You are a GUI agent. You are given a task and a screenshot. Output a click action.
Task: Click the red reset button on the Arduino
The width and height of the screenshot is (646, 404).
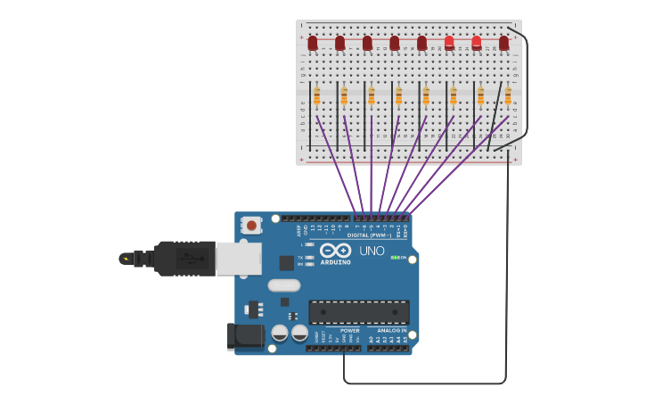coord(252,226)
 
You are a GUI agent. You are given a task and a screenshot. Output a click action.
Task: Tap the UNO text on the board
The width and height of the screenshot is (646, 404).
coord(372,251)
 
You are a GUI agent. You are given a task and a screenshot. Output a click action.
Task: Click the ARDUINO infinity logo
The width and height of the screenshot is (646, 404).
coord(336,253)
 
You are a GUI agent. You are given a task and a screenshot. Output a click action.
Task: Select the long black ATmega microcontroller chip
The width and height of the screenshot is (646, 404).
coord(359,312)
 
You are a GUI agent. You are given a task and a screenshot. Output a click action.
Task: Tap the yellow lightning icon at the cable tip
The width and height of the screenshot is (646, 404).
coord(125,260)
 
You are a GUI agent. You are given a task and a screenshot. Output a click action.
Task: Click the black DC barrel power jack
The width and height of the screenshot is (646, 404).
coord(245,335)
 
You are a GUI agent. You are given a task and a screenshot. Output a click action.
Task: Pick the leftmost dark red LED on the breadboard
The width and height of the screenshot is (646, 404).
coord(313,43)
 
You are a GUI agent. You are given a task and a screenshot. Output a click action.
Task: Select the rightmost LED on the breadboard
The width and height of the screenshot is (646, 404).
coord(503,43)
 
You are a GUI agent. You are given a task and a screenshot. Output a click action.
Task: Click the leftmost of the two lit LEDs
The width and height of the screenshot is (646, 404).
coord(449,43)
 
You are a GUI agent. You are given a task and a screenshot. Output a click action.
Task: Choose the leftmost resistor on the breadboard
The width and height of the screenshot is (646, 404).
coord(316,95)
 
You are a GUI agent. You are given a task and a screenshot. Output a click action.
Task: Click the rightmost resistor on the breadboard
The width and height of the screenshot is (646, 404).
coord(508,95)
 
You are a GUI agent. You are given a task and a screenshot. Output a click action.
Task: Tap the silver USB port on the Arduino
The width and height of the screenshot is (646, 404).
coord(238,259)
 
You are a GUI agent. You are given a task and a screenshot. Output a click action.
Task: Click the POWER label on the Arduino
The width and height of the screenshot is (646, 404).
coord(349,331)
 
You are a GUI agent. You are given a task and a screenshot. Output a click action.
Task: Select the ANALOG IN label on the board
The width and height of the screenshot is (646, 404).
coord(388,331)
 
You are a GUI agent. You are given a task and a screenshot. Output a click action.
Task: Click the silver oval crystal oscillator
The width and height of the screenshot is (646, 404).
coord(283,285)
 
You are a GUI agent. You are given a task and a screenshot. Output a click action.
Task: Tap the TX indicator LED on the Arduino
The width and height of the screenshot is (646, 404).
coord(308,257)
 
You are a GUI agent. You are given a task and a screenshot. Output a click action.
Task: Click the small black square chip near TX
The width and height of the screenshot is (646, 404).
coord(286,262)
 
